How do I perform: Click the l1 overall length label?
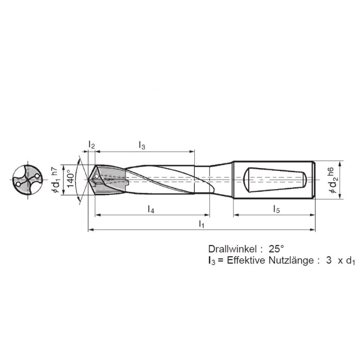(x=201, y=223)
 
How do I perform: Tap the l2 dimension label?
(x=92, y=146)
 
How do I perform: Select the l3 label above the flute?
(x=142, y=146)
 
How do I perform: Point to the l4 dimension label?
(x=151, y=208)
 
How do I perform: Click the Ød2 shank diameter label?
(x=332, y=184)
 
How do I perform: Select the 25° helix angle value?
(x=276, y=248)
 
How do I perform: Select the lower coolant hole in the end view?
(x=18, y=184)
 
